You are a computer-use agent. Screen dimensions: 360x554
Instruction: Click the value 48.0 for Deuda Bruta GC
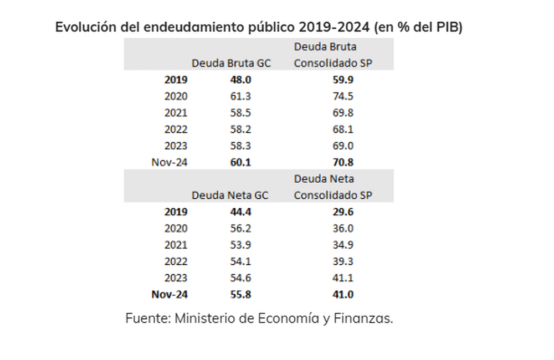[240, 79]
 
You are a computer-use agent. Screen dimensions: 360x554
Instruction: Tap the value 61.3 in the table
[240, 96]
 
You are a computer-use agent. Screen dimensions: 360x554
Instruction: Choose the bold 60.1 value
[240, 162]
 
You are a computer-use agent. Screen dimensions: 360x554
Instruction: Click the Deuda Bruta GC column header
[231, 63]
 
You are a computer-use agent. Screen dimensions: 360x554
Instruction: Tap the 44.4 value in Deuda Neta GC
[240, 212]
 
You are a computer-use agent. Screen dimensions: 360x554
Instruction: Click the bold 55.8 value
[240, 295]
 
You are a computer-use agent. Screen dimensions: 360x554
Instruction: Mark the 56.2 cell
[240, 228]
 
